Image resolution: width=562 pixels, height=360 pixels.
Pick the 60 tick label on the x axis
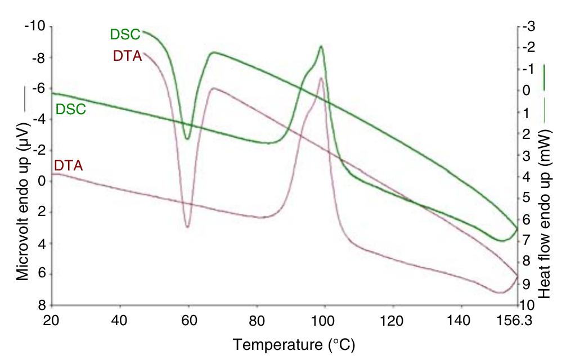click(x=188, y=319)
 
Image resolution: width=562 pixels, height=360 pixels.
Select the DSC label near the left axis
click(x=70, y=109)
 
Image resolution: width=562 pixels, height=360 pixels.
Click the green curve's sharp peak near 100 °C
click(x=321, y=46)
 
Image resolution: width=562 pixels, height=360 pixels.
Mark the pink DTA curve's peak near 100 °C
click(x=321, y=78)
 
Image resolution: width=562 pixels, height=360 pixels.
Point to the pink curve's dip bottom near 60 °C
click(x=187, y=227)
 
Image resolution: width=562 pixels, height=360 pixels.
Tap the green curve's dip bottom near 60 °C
click(x=187, y=138)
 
